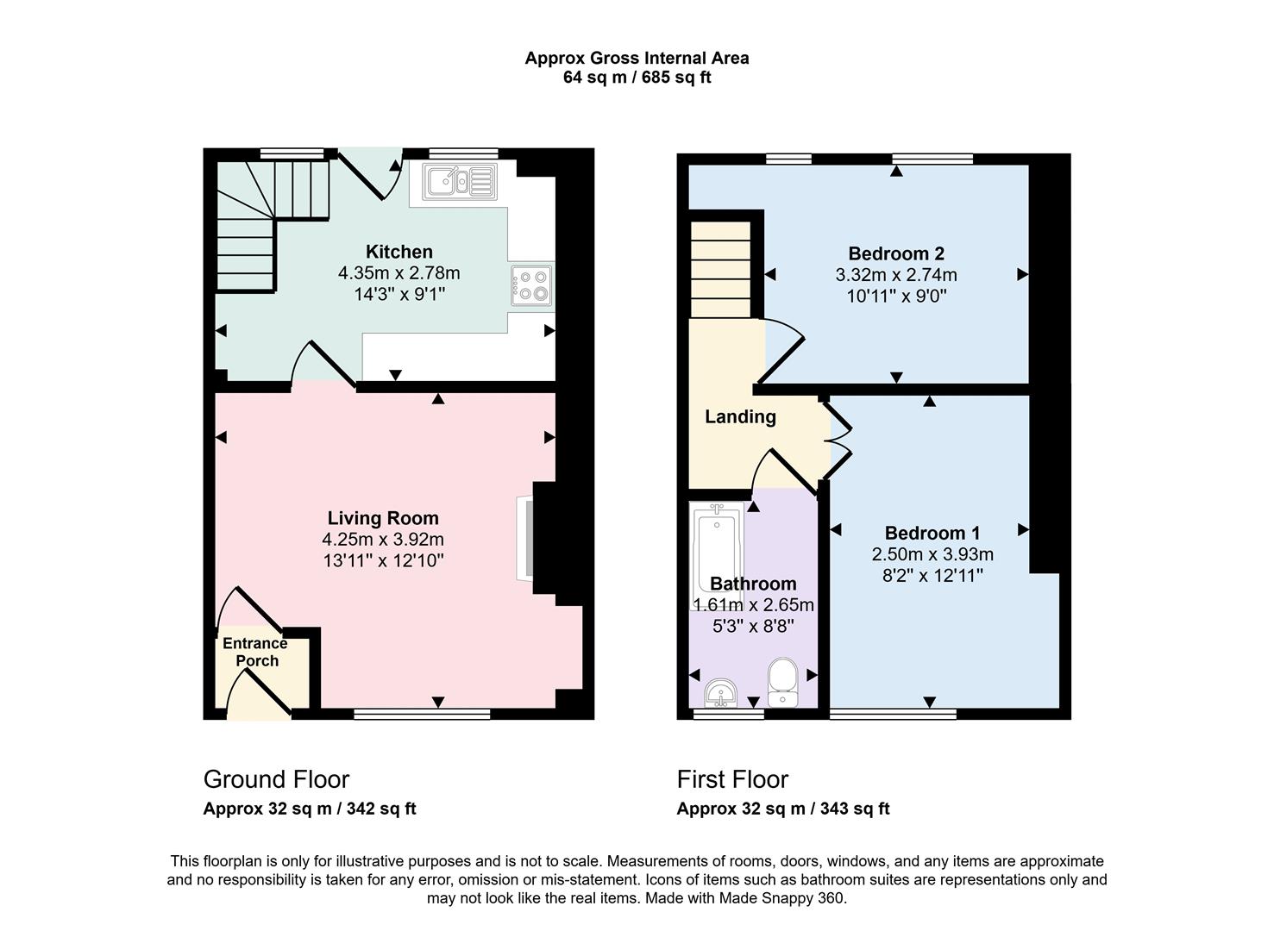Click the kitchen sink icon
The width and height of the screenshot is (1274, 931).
click(x=459, y=182)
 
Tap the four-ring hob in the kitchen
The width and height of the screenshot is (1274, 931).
click(x=530, y=285)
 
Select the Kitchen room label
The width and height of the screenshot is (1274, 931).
click(x=399, y=252)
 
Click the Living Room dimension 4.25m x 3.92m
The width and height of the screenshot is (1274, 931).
click(x=383, y=540)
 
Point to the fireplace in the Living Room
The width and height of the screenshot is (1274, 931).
click(x=525, y=538)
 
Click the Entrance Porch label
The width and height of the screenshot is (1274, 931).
click(x=255, y=652)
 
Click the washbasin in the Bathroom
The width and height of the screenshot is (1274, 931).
click(x=720, y=691)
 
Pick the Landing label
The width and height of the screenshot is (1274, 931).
click(x=740, y=417)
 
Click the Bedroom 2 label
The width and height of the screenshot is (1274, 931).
click(x=895, y=253)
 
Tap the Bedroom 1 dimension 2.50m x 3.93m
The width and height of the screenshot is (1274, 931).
click(x=932, y=554)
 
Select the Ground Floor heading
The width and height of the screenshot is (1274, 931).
click(x=276, y=779)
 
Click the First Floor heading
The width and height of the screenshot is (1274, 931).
click(x=732, y=779)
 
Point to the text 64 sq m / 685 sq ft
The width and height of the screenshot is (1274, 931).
click(x=637, y=78)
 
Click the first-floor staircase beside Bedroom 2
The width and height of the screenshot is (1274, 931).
click(x=721, y=269)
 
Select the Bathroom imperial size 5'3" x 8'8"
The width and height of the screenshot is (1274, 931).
click(x=753, y=626)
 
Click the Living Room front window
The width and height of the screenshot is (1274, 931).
click(x=422, y=714)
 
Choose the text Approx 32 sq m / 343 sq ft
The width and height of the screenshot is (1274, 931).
click(x=782, y=809)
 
